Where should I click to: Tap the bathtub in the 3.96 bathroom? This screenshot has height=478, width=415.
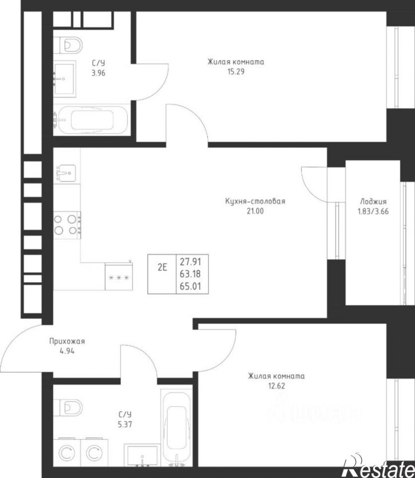92,120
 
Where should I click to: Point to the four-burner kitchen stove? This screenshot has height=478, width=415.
68,225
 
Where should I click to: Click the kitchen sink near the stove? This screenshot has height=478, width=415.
65,174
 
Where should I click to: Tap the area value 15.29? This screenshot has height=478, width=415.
236,72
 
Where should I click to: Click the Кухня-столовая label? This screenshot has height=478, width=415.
255,201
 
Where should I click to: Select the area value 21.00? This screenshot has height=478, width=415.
255,211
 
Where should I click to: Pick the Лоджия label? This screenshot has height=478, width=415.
373,202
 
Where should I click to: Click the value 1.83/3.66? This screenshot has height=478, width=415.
373,211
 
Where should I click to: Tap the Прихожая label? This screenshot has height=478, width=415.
67,342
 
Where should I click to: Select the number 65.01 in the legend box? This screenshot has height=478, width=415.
190,286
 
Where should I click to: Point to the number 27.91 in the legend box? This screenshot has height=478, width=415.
190,261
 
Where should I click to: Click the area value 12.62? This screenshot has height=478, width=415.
276,386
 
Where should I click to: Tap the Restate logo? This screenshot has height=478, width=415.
379,467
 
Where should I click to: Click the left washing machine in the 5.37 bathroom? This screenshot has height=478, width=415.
67,453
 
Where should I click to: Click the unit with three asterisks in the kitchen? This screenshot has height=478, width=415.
118,276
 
